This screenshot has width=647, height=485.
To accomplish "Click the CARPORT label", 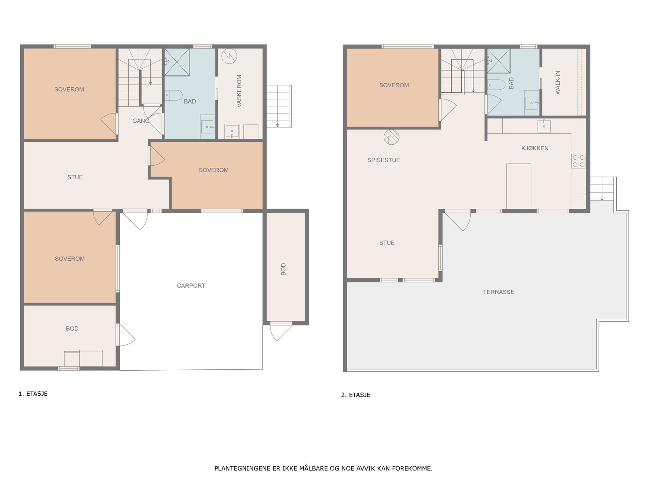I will click(191, 286).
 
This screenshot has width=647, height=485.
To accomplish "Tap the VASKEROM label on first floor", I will click(239, 91).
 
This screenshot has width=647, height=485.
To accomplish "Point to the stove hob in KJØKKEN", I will click(578, 161).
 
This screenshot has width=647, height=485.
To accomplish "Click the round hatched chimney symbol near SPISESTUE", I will click(391, 137).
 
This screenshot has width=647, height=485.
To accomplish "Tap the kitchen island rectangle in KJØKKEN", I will click(518, 186).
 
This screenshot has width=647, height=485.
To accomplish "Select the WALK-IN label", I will click(558, 82).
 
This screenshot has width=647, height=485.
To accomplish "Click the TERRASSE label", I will click(499, 292).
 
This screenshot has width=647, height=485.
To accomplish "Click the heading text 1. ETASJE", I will click(33, 394).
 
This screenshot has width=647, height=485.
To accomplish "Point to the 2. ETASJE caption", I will click(355, 395).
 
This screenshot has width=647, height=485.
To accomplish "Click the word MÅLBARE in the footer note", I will click(314, 469).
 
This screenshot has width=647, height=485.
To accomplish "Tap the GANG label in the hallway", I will click(141, 121).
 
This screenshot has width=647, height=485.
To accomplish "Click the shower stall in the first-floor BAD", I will click(177, 62).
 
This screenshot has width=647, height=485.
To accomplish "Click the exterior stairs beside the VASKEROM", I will click(279, 106).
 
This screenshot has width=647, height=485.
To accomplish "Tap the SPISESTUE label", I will click(383, 160).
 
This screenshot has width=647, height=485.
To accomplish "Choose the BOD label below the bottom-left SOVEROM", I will click(72, 329).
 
